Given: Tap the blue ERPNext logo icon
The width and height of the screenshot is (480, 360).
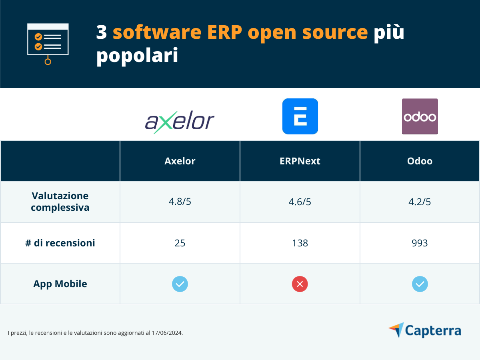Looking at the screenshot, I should coord(300,116).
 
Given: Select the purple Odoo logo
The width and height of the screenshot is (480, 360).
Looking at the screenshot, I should coord(420,116).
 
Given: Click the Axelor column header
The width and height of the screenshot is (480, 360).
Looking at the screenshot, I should coord(180,161).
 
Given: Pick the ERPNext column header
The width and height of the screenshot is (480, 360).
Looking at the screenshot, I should coord(300,161).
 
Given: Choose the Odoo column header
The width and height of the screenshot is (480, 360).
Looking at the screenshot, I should coord(420,161).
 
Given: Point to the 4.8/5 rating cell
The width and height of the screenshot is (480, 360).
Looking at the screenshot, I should coord(180,202).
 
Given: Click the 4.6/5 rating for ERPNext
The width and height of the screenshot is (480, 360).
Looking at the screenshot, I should coord(300,202).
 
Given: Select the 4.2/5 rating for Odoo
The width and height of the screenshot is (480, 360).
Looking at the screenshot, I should coord(420,202).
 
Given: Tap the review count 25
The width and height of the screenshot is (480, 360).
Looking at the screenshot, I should coord(180,243).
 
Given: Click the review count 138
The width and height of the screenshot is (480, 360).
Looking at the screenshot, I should coord(300,243).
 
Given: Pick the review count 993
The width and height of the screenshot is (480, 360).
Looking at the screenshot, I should coord(420,243).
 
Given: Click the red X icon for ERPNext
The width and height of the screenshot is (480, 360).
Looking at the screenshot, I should coord(300,284).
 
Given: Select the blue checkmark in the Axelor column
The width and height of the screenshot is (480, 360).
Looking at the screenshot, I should coord(180,284).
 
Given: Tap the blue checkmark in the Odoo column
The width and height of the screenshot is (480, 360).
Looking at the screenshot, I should coord(420,284).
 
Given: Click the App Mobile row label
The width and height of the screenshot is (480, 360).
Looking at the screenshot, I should coord(60,284).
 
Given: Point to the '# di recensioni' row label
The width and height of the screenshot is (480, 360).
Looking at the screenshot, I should coord(60,243).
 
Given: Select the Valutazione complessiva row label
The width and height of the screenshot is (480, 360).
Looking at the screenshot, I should coord(60,202).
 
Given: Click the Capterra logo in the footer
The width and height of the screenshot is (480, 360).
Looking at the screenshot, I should coord(425,330).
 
